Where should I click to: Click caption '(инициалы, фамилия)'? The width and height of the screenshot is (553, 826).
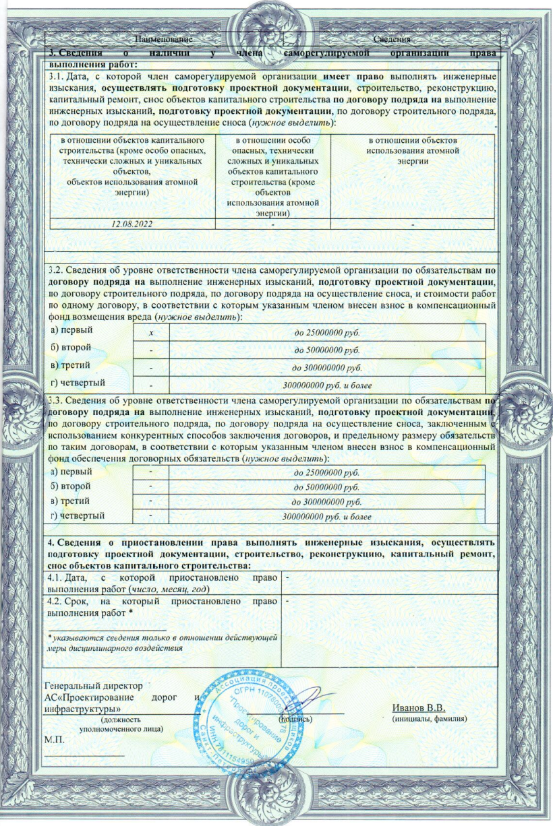[425, 720]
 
